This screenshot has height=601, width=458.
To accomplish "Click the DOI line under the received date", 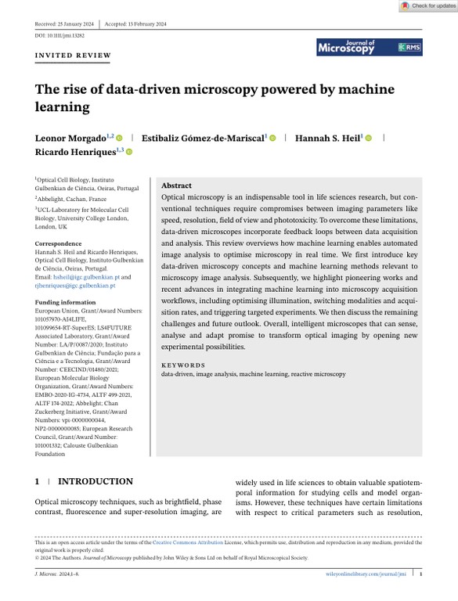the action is click(60, 34).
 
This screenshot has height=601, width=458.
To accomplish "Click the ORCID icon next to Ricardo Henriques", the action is click(130, 153).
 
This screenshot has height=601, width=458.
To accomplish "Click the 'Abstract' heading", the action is click(176, 185).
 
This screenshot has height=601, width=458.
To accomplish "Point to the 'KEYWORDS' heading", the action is click(183, 365).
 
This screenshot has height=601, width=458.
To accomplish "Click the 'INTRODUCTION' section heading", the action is click(95, 481).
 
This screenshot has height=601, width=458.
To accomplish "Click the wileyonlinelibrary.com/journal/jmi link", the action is click(366, 574).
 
